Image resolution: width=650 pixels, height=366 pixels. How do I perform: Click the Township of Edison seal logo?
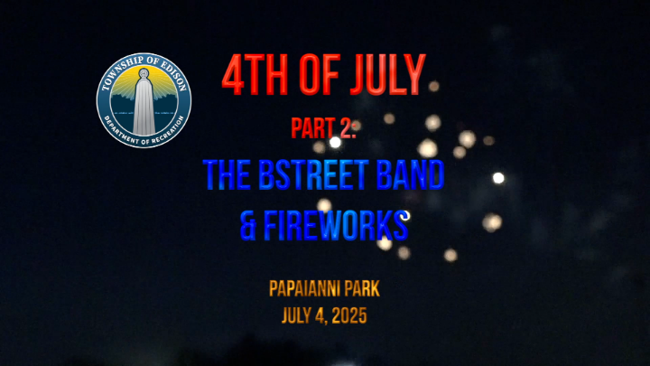tap(144, 100)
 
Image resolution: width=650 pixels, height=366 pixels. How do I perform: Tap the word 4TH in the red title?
tap(255, 75)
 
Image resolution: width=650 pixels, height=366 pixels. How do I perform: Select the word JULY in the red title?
tap(388, 75)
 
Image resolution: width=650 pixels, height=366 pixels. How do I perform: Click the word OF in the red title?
tap(320, 75)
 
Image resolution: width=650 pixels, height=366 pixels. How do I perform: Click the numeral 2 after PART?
tap(346, 127)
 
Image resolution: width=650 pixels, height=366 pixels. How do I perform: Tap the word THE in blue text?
tap(227, 175)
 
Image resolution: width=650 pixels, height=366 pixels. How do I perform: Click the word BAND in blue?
tap(411, 175)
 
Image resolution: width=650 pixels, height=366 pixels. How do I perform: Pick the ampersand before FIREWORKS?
tap(248, 226)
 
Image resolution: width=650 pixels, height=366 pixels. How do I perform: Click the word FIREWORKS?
tap(336, 226)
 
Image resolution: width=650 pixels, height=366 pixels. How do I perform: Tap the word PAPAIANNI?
tap(302, 289)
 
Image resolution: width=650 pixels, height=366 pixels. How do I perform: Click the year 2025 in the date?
tap(349, 315)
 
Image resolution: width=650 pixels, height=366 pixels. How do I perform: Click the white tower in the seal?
tap(144, 104)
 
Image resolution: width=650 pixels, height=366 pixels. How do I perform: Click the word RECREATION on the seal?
tap(168, 130)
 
